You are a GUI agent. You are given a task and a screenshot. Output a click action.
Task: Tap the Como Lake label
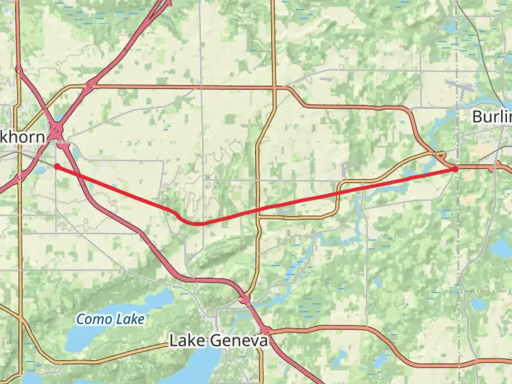click(111, 319)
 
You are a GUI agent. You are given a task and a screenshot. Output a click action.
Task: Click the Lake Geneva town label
click(218, 341)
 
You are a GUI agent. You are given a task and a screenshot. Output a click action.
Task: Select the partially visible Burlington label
click(492, 117)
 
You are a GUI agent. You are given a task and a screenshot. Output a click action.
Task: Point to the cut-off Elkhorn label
click(22, 137)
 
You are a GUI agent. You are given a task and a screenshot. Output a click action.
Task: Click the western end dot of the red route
click(57, 166)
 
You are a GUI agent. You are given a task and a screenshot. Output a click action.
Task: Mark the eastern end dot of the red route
click(455, 169)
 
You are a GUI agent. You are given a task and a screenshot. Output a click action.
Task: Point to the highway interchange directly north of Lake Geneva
click(245, 300)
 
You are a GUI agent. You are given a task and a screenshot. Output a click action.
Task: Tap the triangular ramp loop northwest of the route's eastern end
click(439, 155)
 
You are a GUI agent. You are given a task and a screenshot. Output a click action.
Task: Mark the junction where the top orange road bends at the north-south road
click(274, 87)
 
